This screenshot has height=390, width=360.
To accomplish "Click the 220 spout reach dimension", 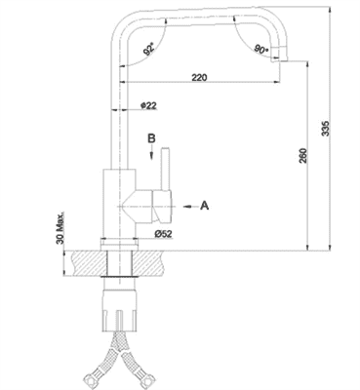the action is (199, 77).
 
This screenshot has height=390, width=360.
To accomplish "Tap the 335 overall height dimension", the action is (326, 129).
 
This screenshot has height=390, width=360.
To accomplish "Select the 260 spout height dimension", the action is (303, 156).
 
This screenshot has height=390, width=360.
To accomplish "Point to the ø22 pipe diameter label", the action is (148, 105).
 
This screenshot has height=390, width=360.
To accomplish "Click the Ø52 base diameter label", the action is (163, 234).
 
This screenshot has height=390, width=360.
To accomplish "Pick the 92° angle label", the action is (148, 51).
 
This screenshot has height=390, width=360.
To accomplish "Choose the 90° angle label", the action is (261, 50).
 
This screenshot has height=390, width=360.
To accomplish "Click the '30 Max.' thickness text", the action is (60, 228).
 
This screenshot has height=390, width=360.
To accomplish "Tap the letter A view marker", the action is (204, 206).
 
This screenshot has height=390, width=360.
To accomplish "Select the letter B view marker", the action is (151, 138).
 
